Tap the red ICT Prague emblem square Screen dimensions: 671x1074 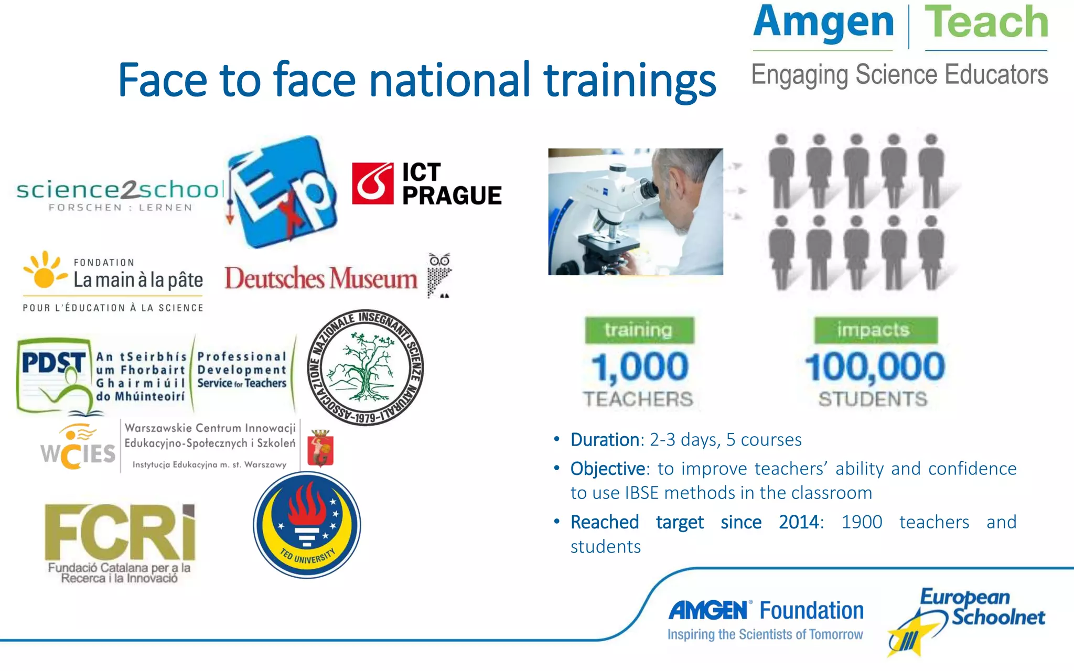pyautogui.click(x=372, y=183)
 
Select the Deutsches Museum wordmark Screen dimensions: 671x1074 pyautogui.click(x=321, y=278)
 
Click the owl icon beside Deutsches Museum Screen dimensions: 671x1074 pyautogui.click(x=439, y=275)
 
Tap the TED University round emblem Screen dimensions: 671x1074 pyautogui.click(x=307, y=525)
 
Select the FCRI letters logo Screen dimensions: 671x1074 pyautogui.click(x=120, y=533)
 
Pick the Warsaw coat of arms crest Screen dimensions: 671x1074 pyautogui.click(x=320, y=448)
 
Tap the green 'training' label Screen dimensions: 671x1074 pyautogui.click(x=639, y=330)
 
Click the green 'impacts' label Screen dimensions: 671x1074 pyautogui.click(x=875, y=330)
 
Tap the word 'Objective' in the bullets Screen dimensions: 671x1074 pyautogui.click(x=608, y=469)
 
